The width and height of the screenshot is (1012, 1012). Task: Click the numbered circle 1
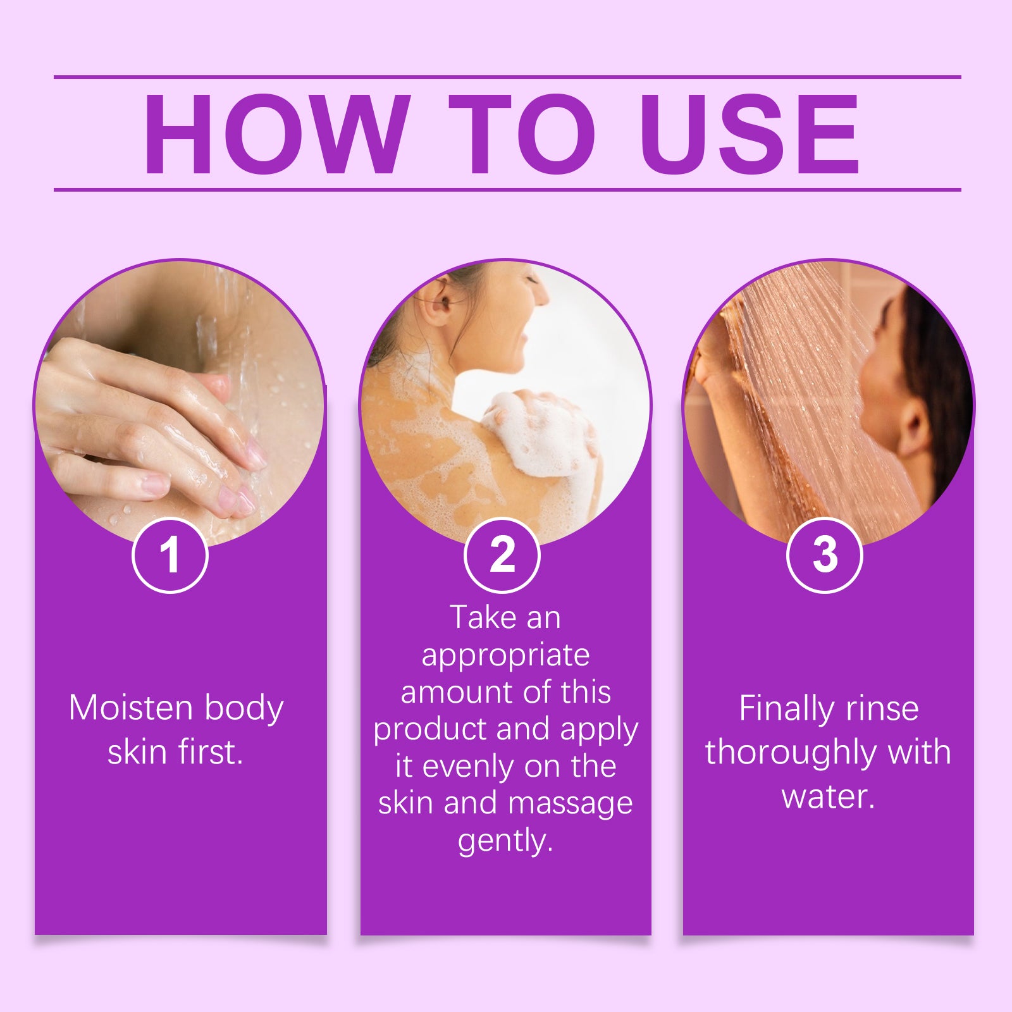tap(170, 555)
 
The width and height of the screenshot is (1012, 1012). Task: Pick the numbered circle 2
tap(502, 555)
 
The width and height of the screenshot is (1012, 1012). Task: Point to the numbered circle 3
tap(825, 555)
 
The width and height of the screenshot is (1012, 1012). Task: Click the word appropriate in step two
tap(505, 657)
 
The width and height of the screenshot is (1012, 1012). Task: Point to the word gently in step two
tap(505, 842)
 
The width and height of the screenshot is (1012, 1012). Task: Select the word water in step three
tap(828, 796)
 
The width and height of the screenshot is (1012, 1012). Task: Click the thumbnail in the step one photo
tap(154, 485)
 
